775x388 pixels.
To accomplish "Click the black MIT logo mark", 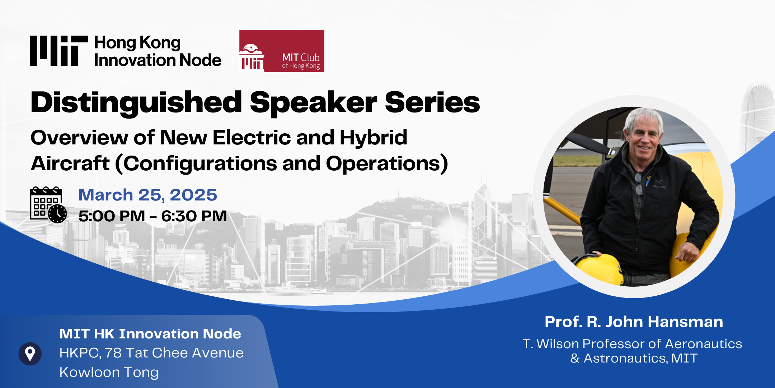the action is (x=59, y=51).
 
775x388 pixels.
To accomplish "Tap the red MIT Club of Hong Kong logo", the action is (x=282, y=51).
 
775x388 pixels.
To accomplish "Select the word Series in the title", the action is (x=432, y=102).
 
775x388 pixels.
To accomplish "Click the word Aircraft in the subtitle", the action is (x=70, y=163).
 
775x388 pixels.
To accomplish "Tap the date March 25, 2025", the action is (x=148, y=195).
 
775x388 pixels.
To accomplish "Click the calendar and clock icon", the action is (x=48, y=205).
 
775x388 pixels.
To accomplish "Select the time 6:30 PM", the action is (x=194, y=216).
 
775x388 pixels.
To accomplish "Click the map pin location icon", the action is (x=30, y=354).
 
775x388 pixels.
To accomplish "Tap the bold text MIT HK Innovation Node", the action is (x=150, y=334).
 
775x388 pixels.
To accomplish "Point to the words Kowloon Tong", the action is (x=109, y=373).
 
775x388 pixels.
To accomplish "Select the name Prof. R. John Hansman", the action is (x=634, y=322).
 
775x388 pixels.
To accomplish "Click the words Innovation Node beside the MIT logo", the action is (x=158, y=60).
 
